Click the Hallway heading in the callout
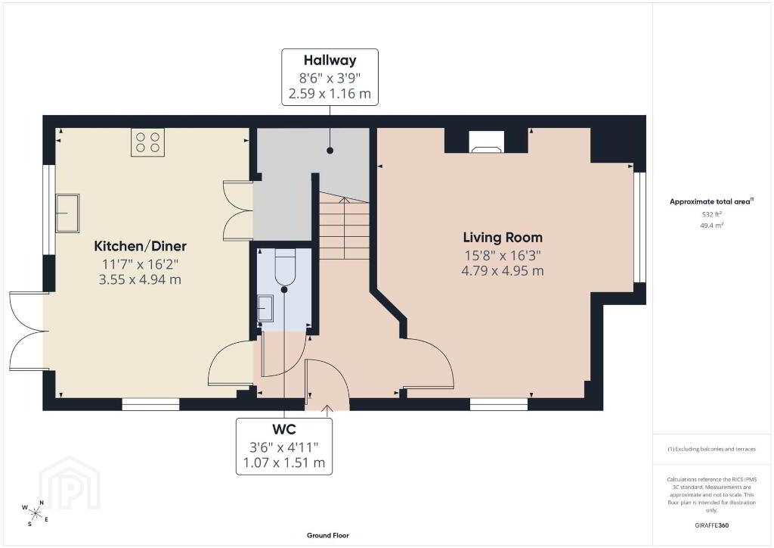tap(330, 61)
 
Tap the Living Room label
tap(503, 238)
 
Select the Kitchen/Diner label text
tap(140, 246)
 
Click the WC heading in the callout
tap(284, 428)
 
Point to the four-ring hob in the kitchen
tap(147, 142)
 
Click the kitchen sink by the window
tap(67, 213)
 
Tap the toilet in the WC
tap(284, 267)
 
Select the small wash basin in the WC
tap(265, 308)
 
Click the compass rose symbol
tap(35, 512)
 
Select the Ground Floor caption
tap(328, 535)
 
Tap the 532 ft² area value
tap(712, 214)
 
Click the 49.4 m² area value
tap(712, 226)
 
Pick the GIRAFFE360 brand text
tap(712, 525)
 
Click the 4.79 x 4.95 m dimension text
tap(503, 271)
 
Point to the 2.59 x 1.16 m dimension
tap(330, 93)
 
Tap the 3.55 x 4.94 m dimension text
tap(140, 280)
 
